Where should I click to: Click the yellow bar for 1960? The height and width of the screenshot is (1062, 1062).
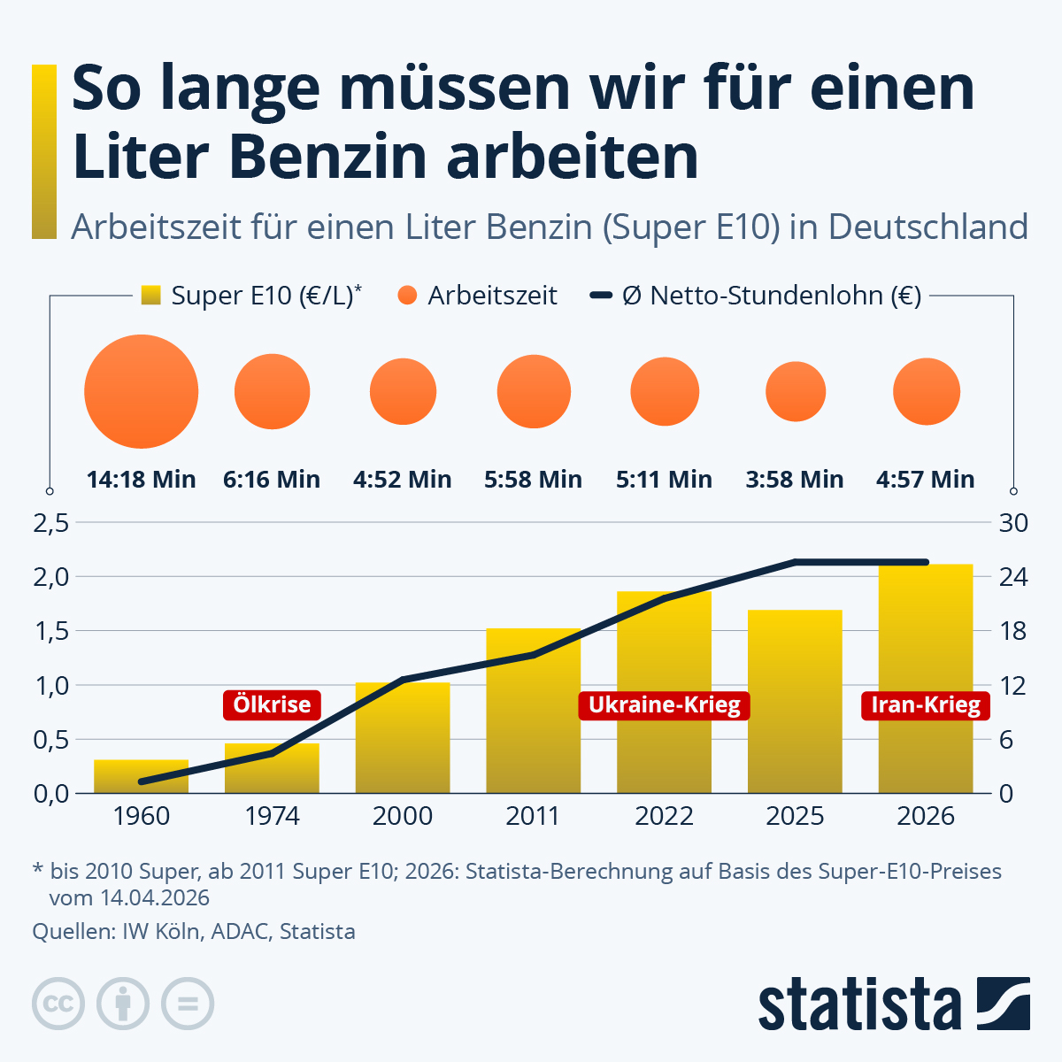pos(142,776)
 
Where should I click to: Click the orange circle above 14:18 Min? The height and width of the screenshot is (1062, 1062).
pos(142,391)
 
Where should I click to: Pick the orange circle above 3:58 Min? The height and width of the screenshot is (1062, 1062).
pos(796,391)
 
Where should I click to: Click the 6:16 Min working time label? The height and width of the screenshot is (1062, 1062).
pos(272,480)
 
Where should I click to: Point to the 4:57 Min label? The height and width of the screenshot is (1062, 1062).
pos(925,480)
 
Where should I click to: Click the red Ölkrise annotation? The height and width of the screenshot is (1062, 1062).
pos(272,704)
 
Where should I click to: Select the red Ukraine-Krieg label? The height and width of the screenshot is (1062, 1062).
pos(664,705)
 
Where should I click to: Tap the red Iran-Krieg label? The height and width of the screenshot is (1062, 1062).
pos(926,705)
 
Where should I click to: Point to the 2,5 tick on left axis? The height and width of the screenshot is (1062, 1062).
pos(50,523)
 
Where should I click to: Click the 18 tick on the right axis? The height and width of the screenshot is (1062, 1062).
pos(1013,631)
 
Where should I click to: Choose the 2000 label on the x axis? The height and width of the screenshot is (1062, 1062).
pos(403,816)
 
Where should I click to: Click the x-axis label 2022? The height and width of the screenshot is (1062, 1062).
pos(664,816)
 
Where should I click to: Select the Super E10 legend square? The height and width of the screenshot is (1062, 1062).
pos(151,296)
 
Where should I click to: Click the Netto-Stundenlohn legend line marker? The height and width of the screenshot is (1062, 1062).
pos(602,296)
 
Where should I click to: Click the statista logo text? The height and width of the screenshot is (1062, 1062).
pos(858,1004)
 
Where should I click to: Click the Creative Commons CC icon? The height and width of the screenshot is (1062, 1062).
pos(58,1004)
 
